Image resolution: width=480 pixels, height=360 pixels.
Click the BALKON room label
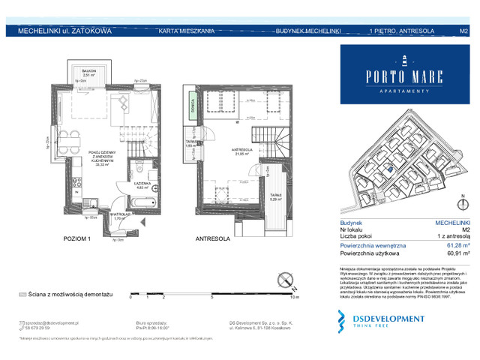[x=89, y=71]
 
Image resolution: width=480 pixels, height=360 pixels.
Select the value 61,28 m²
[x=457, y=245]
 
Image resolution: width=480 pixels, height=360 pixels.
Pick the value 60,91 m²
[x=457, y=253]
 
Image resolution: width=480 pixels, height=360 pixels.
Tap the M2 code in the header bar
[x=463, y=31]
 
